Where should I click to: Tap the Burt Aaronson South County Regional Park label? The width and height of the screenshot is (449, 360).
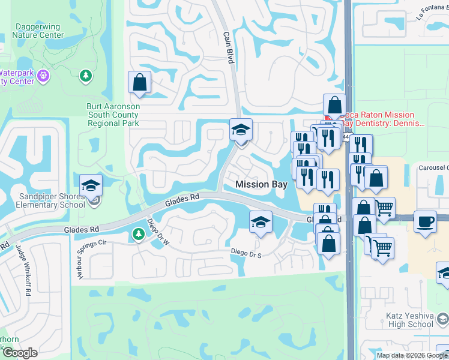[113, 115]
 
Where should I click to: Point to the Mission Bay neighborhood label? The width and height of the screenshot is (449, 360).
[261, 184]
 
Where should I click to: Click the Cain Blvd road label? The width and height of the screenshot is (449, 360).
[229, 47]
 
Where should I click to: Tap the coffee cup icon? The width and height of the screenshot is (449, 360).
[426, 221]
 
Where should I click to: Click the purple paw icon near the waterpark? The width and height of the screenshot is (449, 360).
[43, 76]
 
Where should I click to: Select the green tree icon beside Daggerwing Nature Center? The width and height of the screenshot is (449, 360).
[86, 76]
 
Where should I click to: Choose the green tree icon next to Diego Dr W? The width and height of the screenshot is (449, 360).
[138, 234]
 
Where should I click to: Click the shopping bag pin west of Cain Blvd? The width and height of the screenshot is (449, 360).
[139, 83]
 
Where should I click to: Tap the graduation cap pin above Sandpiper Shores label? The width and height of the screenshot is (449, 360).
[90, 185]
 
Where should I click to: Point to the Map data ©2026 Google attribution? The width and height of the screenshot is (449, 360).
[411, 355]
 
